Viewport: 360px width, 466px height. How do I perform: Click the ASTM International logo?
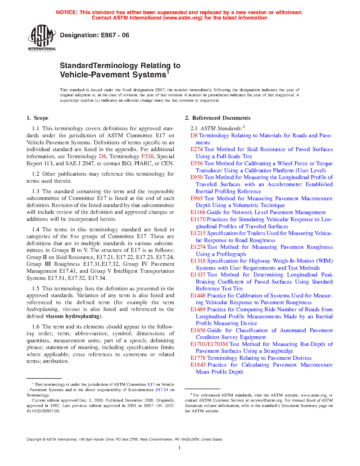click(x=42, y=38)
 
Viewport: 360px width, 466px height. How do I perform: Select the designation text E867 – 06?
click(x=95, y=35)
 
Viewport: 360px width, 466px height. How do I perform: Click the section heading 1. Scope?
click(x=38, y=118)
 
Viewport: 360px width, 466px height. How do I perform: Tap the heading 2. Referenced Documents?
click(x=218, y=118)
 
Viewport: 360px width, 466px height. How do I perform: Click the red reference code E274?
click(x=197, y=149)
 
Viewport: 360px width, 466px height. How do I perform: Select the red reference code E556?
click(x=197, y=164)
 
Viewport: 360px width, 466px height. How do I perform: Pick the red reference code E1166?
click(x=198, y=212)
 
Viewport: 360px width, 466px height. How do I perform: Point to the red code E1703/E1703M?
click(x=209, y=344)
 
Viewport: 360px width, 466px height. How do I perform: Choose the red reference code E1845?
click(x=198, y=365)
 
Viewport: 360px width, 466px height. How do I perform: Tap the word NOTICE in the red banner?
click(x=67, y=12)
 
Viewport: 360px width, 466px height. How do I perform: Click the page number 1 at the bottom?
click(x=180, y=448)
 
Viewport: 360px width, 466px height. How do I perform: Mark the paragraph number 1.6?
click(x=36, y=327)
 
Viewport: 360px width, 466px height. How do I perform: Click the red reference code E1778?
click(x=198, y=358)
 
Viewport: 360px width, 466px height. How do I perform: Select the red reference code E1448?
click(x=198, y=296)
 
